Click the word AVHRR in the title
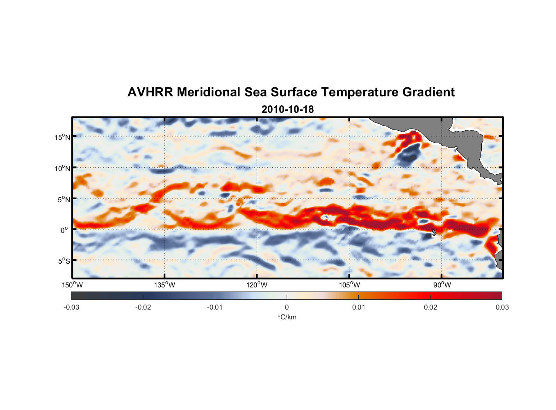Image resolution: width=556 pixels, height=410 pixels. tap(150, 92)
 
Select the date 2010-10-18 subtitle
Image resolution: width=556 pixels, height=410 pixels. tap(287, 109)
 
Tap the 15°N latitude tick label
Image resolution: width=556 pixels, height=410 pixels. tap(62, 137)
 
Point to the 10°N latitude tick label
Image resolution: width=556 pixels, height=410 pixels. tap(62, 168)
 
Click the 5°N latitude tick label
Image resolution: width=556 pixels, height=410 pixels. tap(64, 199)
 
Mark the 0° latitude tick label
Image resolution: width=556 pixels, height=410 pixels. tap(64, 230)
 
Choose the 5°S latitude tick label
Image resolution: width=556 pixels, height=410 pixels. tap(64, 261)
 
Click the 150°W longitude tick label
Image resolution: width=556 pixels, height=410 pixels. tap(73, 285)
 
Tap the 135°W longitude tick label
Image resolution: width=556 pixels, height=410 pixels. tap(165, 285)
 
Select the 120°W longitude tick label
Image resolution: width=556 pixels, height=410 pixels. tap(257, 285)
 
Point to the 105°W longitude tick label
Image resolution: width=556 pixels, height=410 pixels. tap(349, 285)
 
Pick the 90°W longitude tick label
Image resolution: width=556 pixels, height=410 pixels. tap(442, 285)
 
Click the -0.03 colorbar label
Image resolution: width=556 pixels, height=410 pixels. tap(71, 307)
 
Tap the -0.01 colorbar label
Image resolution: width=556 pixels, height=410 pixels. tap(215, 307)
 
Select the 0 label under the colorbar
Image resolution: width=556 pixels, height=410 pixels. tap(287, 307)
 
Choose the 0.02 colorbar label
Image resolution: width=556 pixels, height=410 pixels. tap(431, 307)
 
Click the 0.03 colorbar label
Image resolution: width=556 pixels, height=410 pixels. tap(502, 307)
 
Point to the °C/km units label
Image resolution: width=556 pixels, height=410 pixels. tap(287, 317)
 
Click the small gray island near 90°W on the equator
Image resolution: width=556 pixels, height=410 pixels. tap(434, 232)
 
